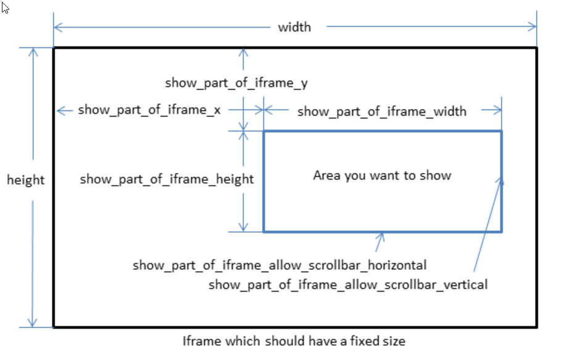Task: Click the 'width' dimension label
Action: point(294,27)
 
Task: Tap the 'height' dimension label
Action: point(26,180)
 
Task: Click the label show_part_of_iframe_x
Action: point(149,111)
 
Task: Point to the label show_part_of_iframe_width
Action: point(382,111)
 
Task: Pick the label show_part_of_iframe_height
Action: point(167,179)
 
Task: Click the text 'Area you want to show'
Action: point(382,175)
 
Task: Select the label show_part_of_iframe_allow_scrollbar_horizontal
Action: point(280,266)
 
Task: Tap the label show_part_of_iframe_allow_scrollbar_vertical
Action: point(348,285)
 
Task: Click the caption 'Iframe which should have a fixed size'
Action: point(294,341)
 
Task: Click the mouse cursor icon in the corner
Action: point(6,9)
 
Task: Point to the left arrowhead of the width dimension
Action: point(57,27)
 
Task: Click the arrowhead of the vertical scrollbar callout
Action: point(501,180)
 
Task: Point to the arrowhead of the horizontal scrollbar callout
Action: point(382,235)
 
